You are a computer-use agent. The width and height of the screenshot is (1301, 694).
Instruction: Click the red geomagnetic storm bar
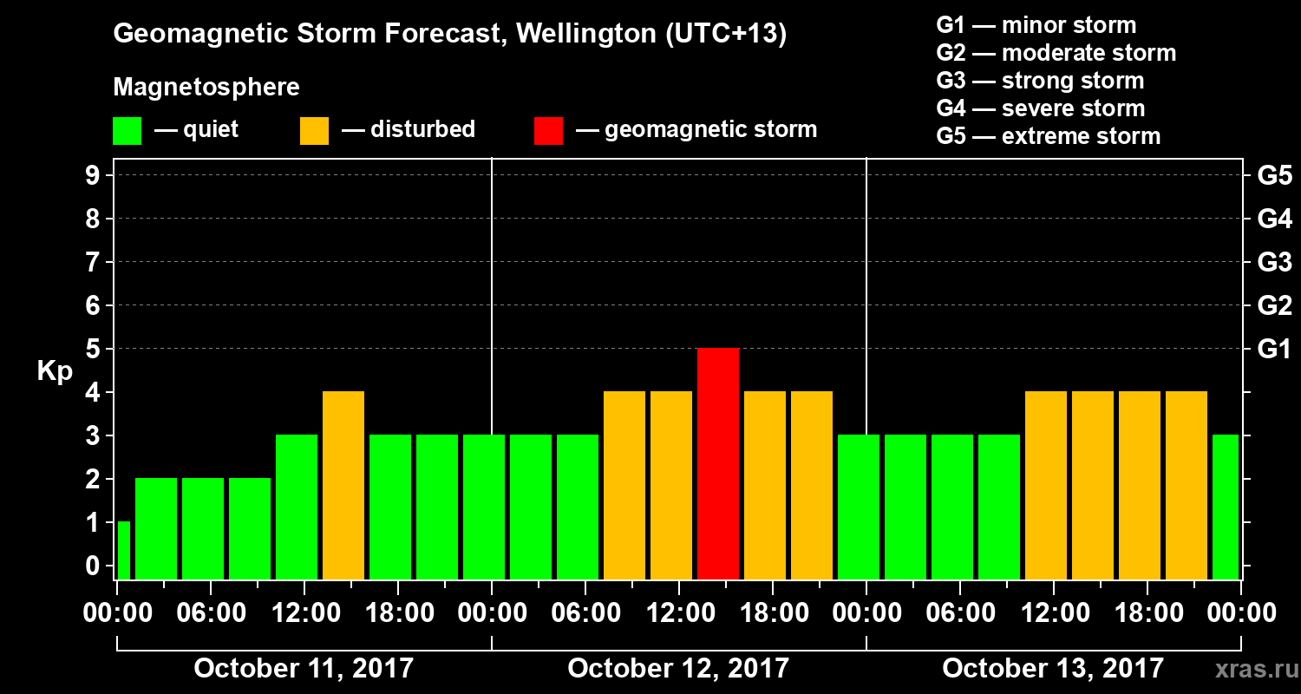(x=717, y=463)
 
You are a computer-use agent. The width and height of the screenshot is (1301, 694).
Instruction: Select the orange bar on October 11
(x=343, y=485)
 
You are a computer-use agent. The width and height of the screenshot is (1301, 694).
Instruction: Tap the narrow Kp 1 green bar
(x=123, y=550)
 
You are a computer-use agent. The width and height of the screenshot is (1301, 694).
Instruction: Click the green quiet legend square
(x=127, y=131)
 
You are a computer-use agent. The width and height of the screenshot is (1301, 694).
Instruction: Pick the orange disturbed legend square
(x=314, y=131)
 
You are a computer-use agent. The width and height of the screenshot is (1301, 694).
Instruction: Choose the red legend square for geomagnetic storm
(x=548, y=131)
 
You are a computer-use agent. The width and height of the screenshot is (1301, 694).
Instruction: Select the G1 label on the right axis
(x=1274, y=350)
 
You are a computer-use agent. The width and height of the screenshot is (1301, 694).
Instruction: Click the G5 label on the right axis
(x=1274, y=176)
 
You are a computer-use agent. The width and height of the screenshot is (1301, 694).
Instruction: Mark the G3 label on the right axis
(x=1274, y=263)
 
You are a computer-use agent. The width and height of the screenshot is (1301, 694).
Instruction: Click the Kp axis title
(x=55, y=371)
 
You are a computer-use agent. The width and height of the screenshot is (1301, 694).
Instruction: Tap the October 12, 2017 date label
(x=678, y=669)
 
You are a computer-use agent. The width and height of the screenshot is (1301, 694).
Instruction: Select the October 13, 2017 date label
(x=1053, y=669)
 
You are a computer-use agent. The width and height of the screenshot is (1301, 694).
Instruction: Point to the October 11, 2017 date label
(x=304, y=669)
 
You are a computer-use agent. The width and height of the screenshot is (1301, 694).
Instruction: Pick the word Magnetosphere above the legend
(x=206, y=88)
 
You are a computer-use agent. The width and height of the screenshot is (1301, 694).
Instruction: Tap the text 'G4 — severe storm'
(x=1041, y=108)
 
